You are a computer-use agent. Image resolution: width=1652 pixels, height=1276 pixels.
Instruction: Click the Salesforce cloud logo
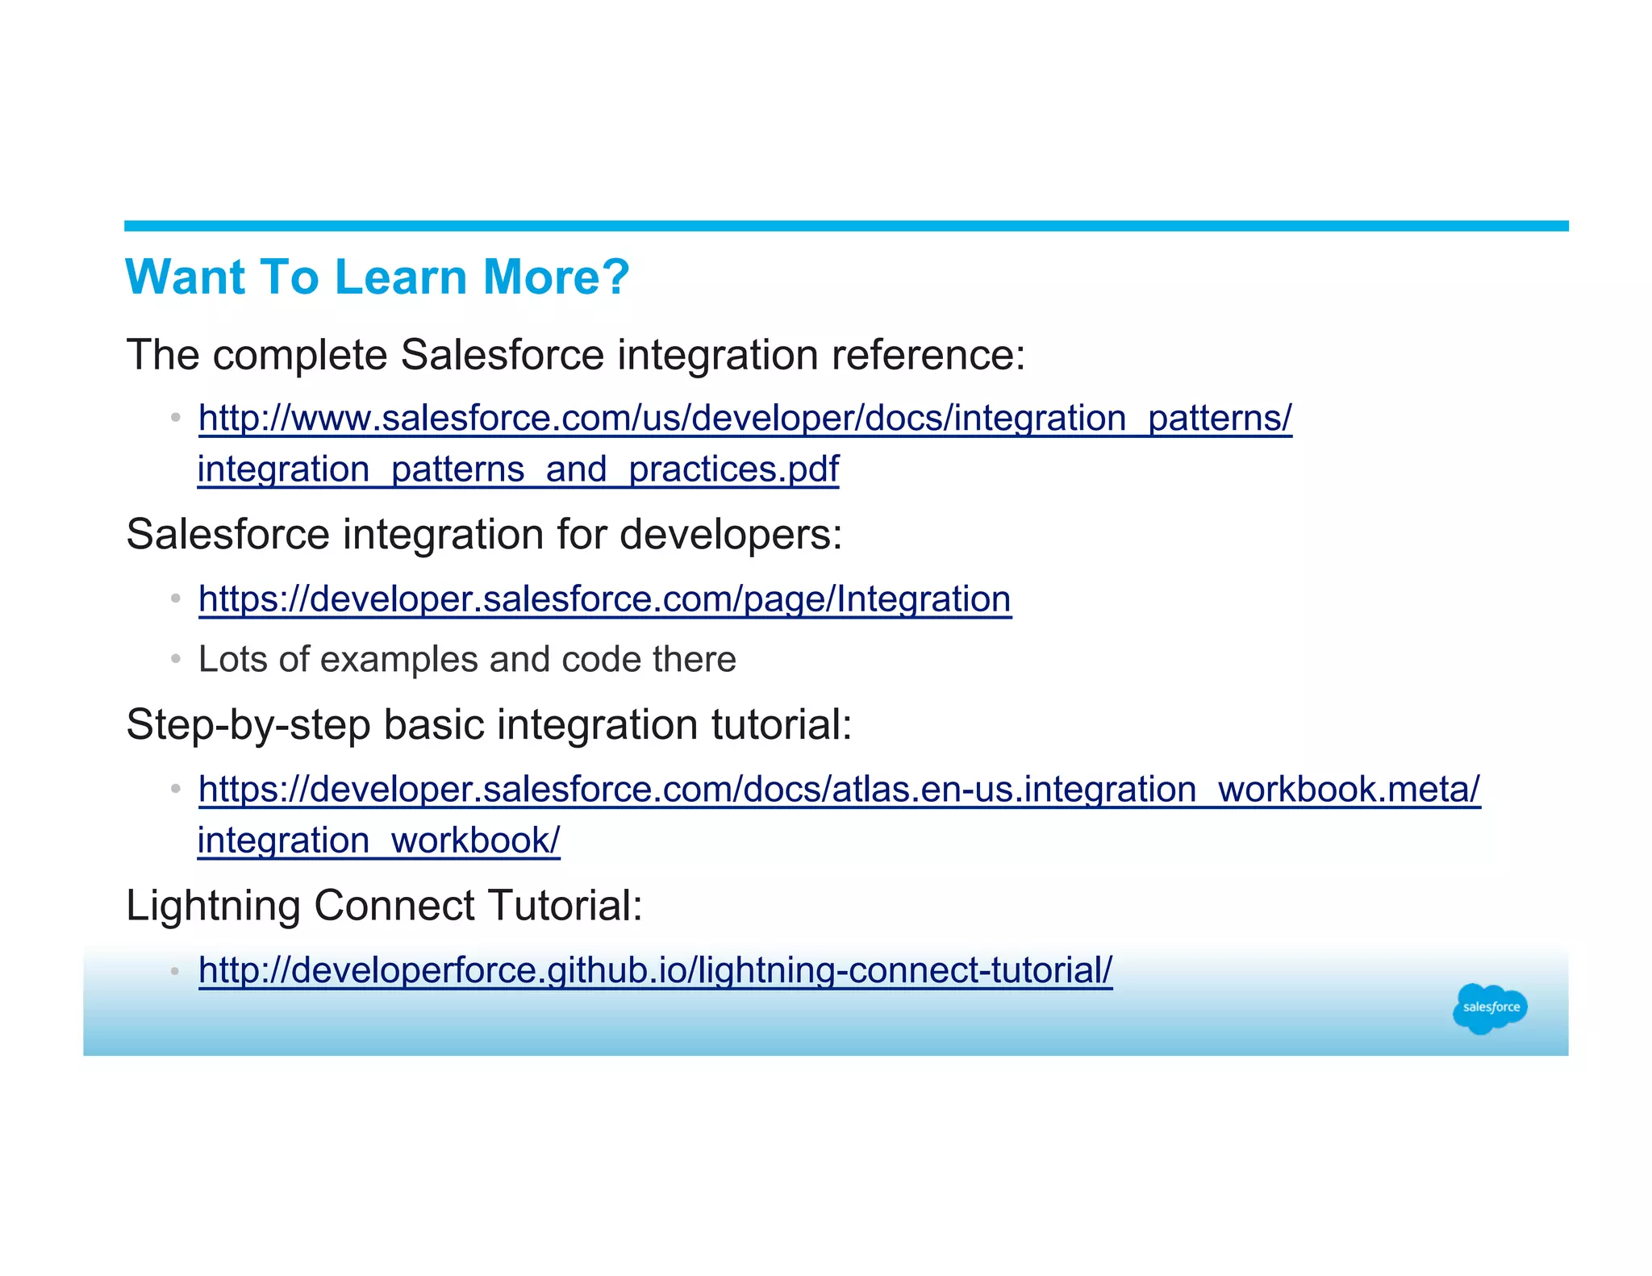click(x=1489, y=1007)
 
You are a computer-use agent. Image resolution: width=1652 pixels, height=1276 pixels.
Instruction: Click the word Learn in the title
click(x=400, y=277)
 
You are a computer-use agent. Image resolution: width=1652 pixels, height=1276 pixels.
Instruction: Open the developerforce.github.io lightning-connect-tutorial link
click(x=655, y=970)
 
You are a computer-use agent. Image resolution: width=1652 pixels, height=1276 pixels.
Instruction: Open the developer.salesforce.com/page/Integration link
click(x=604, y=599)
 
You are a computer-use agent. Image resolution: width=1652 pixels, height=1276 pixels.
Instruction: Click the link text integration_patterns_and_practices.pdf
click(x=518, y=469)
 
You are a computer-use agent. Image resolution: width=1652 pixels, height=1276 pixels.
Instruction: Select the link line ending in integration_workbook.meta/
click(x=839, y=790)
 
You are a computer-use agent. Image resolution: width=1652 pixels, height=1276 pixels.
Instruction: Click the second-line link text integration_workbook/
click(x=378, y=841)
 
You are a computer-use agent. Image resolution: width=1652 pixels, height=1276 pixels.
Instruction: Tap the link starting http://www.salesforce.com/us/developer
click(x=745, y=419)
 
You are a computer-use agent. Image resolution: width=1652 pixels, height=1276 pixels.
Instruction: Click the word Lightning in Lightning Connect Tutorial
click(x=213, y=906)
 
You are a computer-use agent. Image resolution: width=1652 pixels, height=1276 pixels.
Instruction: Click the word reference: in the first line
click(x=928, y=355)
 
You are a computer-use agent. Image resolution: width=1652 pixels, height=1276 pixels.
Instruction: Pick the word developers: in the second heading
click(x=731, y=535)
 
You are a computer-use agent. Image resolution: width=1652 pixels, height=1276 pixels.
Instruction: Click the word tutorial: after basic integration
click(x=781, y=724)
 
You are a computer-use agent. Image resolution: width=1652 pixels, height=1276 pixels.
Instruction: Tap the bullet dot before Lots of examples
click(x=175, y=660)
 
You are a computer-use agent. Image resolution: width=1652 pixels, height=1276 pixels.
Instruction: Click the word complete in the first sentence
click(x=300, y=355)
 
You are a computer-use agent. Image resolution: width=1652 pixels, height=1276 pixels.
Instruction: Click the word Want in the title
click(x=185, y=277)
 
